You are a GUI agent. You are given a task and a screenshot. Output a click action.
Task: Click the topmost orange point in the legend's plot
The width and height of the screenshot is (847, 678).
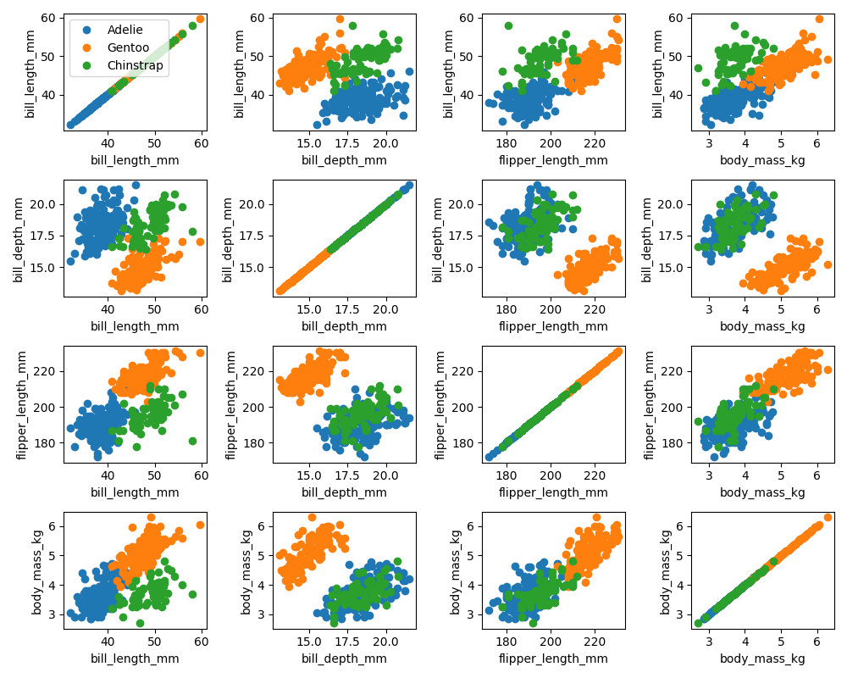point(200,19)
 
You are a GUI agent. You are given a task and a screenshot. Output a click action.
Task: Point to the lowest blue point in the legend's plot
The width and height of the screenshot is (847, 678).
point(70,125)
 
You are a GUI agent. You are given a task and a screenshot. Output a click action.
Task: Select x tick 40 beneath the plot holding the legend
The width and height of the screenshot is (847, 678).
point(108,144)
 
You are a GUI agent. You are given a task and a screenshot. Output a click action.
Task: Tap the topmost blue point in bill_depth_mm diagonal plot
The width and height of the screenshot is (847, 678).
point(409,185)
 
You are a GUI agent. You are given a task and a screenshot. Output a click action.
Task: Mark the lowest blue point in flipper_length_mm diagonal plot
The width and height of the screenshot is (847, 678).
point(489,457)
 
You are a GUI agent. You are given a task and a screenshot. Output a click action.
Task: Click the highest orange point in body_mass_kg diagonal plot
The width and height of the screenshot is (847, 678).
point(828,517)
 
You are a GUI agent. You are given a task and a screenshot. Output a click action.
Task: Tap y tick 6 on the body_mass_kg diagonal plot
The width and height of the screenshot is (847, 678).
point(680,526)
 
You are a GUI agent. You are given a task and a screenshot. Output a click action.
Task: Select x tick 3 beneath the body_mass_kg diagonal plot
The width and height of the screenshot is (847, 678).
point(709,642)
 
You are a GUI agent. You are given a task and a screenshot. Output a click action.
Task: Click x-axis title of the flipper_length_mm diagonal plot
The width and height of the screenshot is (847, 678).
point(553,492)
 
